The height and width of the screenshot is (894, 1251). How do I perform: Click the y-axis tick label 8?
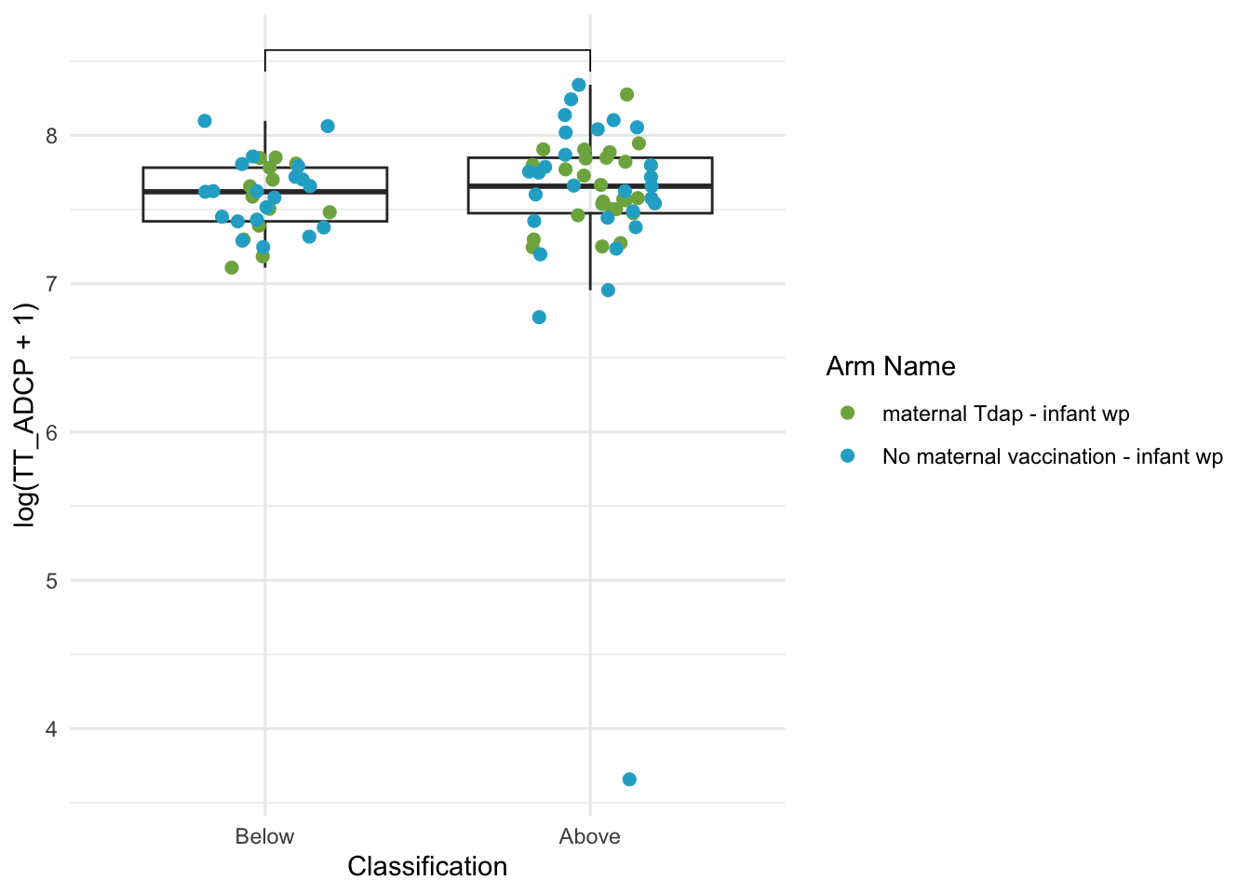coord(51,136)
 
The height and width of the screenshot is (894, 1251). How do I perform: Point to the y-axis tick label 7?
coord(51,284)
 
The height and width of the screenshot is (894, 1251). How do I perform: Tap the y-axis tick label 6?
coord(51,432)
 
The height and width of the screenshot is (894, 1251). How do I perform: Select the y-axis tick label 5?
coord(51,581)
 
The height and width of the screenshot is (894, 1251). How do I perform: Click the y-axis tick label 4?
coord(51,729)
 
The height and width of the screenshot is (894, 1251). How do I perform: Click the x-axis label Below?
coord(264,836)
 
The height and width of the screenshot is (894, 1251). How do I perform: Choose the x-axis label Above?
coord(590,836)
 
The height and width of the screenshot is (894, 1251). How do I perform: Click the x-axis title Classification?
coord(427,867)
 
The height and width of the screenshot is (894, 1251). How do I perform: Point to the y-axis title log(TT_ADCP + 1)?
coord(25,414)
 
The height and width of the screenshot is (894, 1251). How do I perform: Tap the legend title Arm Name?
coord(891,367)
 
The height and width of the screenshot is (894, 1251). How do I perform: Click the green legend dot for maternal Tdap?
coord(847,413)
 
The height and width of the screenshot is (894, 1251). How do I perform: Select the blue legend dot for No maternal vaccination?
coord(847,456)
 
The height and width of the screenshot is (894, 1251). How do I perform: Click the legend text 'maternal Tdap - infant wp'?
coord(1006,414)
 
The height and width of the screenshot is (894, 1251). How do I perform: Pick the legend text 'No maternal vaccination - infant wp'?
coord(1053,457)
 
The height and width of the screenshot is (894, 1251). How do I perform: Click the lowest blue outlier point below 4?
coord(629,779)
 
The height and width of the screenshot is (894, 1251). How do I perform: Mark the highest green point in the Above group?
coord(626,94)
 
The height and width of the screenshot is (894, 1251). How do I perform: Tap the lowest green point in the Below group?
coord(232,267)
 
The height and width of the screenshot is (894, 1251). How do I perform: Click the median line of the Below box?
coord(265,192)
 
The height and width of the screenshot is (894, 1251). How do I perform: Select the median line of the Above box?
coord(590,186)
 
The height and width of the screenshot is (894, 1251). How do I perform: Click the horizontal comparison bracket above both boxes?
coord(428,51)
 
